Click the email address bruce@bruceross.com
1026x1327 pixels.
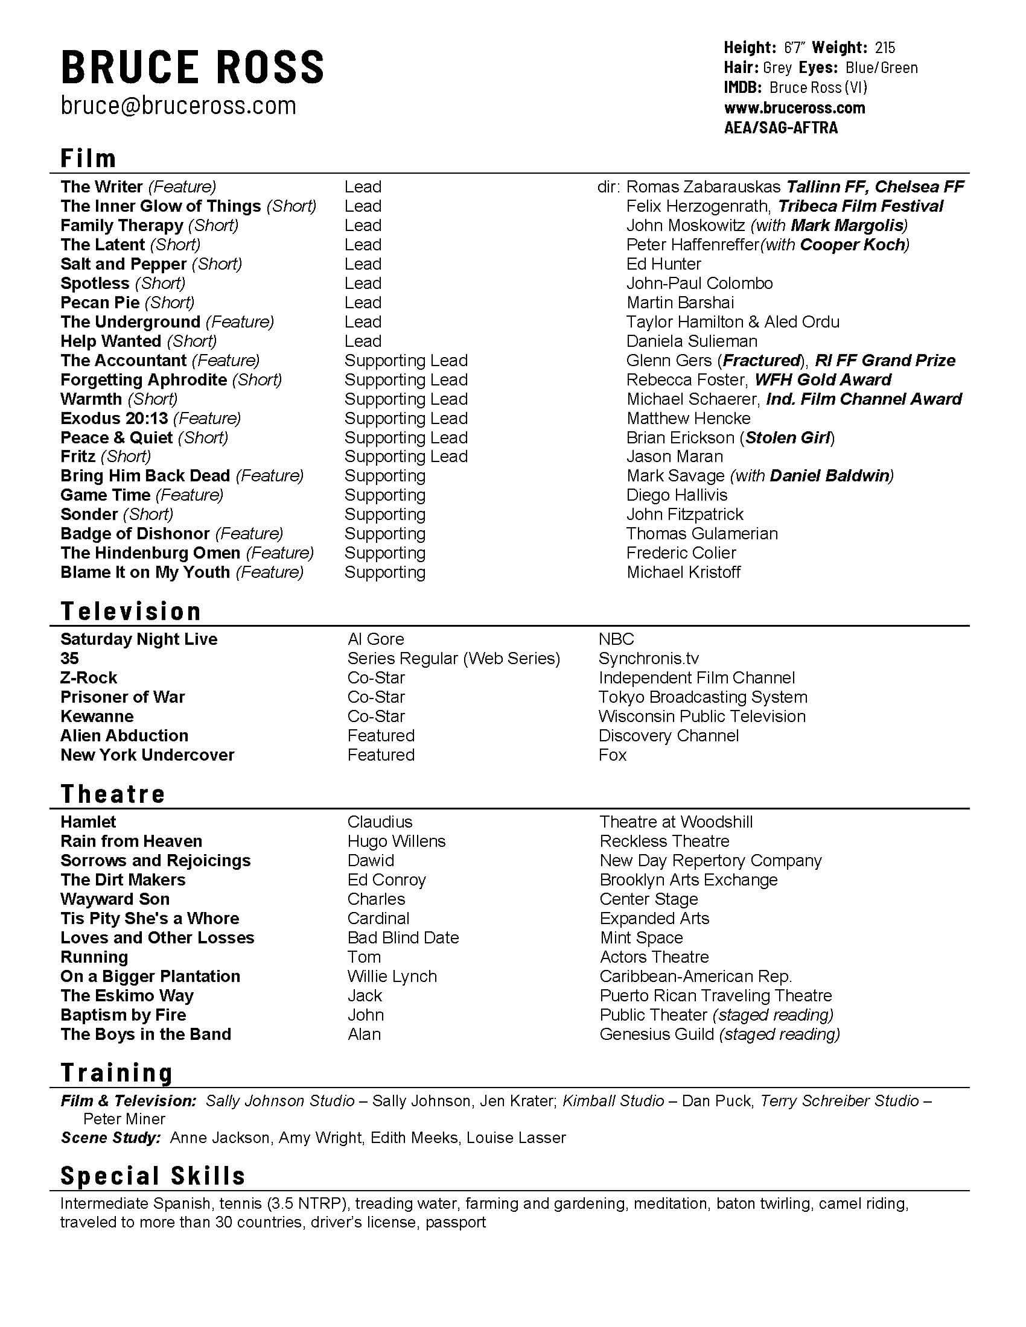tap(178, 106)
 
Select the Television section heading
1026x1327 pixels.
tap(131, 611)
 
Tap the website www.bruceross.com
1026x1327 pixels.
tap(794, 108)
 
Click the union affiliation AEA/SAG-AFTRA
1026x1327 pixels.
tap(780, 128)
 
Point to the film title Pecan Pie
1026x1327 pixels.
tap(100, 303)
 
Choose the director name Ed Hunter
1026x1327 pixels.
tap(664, 264)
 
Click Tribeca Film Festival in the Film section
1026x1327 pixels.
tap(861, 206)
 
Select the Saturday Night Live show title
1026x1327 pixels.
tap(139, 639)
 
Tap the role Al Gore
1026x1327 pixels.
tap(375, 639)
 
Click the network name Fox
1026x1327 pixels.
tap(612, 755)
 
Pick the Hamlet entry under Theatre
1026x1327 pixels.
tap(88, 822)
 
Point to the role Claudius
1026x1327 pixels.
tap(380, 822)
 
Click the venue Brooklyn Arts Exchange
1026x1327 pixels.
tap(689, 880)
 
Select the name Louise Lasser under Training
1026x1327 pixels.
tap(516, 1138)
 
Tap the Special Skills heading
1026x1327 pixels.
tap(153, 1176)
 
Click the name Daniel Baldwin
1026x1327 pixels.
tap(830, 476)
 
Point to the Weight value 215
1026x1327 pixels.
tap(885, 48)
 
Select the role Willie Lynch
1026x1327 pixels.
tap(392, 977)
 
